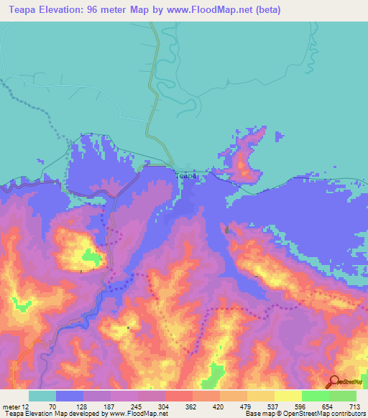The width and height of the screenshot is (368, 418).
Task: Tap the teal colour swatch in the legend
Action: click(x=42, y=396)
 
